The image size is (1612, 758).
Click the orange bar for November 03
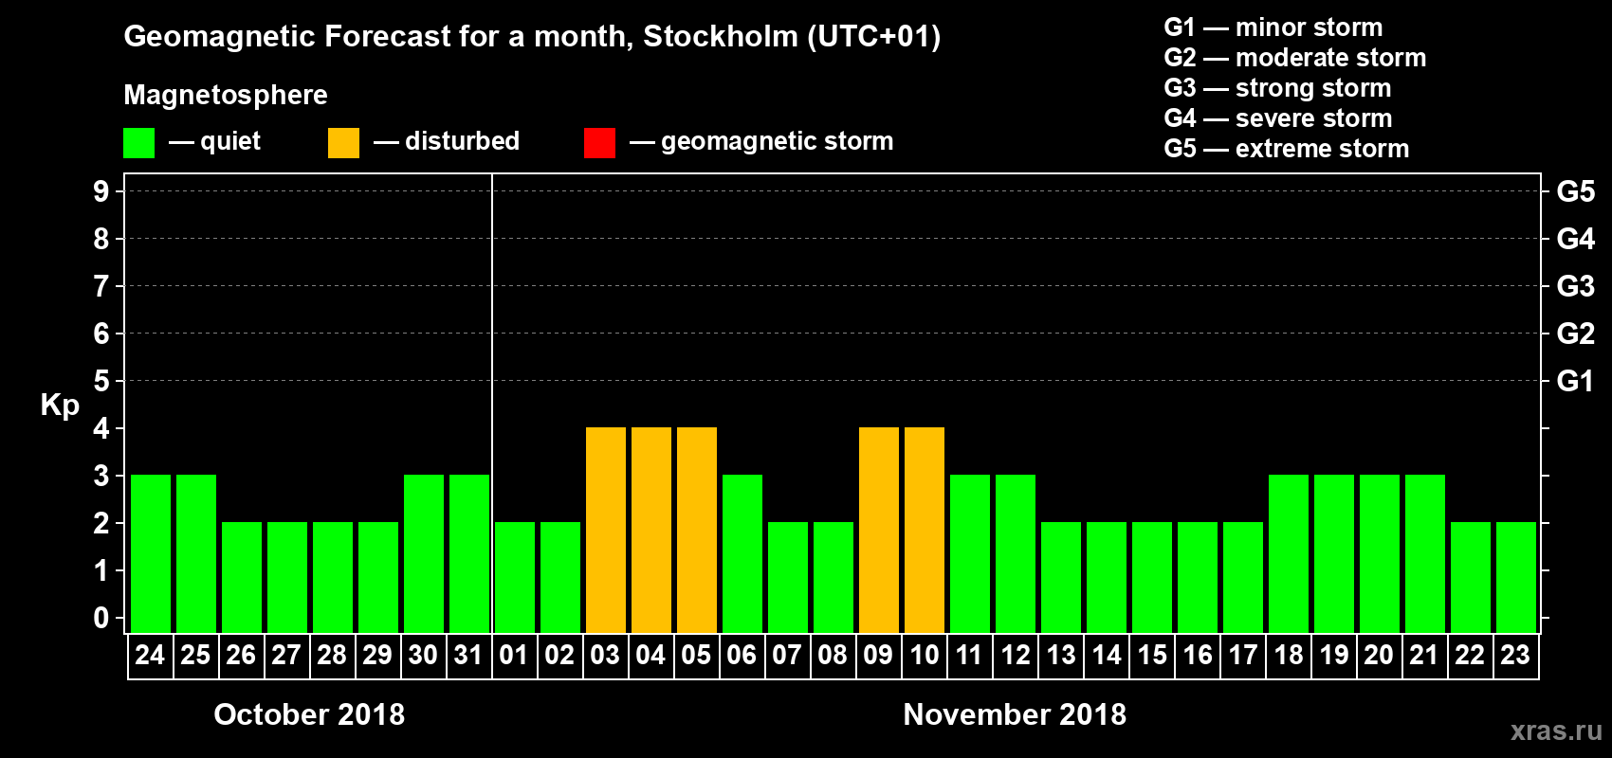coord(606,530)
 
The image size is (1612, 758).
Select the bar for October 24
coord(151,553)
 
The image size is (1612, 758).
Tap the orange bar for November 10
coord(925,530)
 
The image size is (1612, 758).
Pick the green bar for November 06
coord(742,553)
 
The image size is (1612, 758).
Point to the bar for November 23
coord(1516,577)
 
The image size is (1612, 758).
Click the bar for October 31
coord(469,553)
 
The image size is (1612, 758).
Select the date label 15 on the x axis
coord(1152,655)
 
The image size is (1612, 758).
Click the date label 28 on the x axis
coord(332,655)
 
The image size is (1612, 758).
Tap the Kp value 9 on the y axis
coord(101,191)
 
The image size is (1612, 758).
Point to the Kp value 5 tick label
coord(101,381)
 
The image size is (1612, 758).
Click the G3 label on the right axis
coord(1575,286)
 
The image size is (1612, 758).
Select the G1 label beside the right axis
coord(1575,381)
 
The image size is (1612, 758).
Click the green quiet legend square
coord(139,143)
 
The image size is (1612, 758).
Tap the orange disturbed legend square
coord(343,143)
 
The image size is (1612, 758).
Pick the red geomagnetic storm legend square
coord(599,143)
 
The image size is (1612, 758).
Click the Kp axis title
coord(60,405)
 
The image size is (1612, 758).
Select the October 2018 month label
coord(309,714)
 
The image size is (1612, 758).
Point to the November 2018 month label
coord(1015,714)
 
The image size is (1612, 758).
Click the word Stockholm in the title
coord(721,37)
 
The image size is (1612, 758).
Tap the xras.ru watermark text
coord(1556,731)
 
